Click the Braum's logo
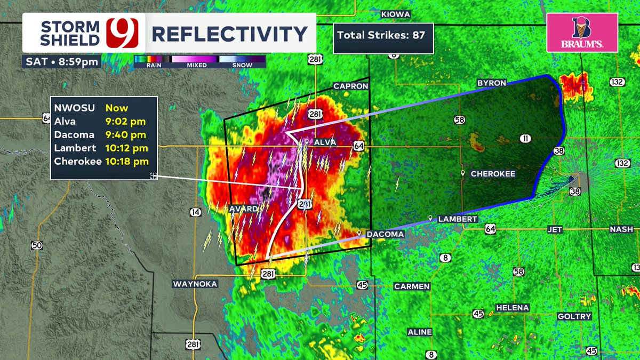(582, 33)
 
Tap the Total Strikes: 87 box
(382, 36)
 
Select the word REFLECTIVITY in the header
(229, 34)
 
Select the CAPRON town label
(350, 86)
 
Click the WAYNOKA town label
(195, 284)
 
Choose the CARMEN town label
(412, 286)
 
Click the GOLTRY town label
(574, 316)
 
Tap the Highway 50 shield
(36, 245)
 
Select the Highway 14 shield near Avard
(195, 212)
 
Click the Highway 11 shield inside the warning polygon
(526, 139)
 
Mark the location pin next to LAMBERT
(430, 218)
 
